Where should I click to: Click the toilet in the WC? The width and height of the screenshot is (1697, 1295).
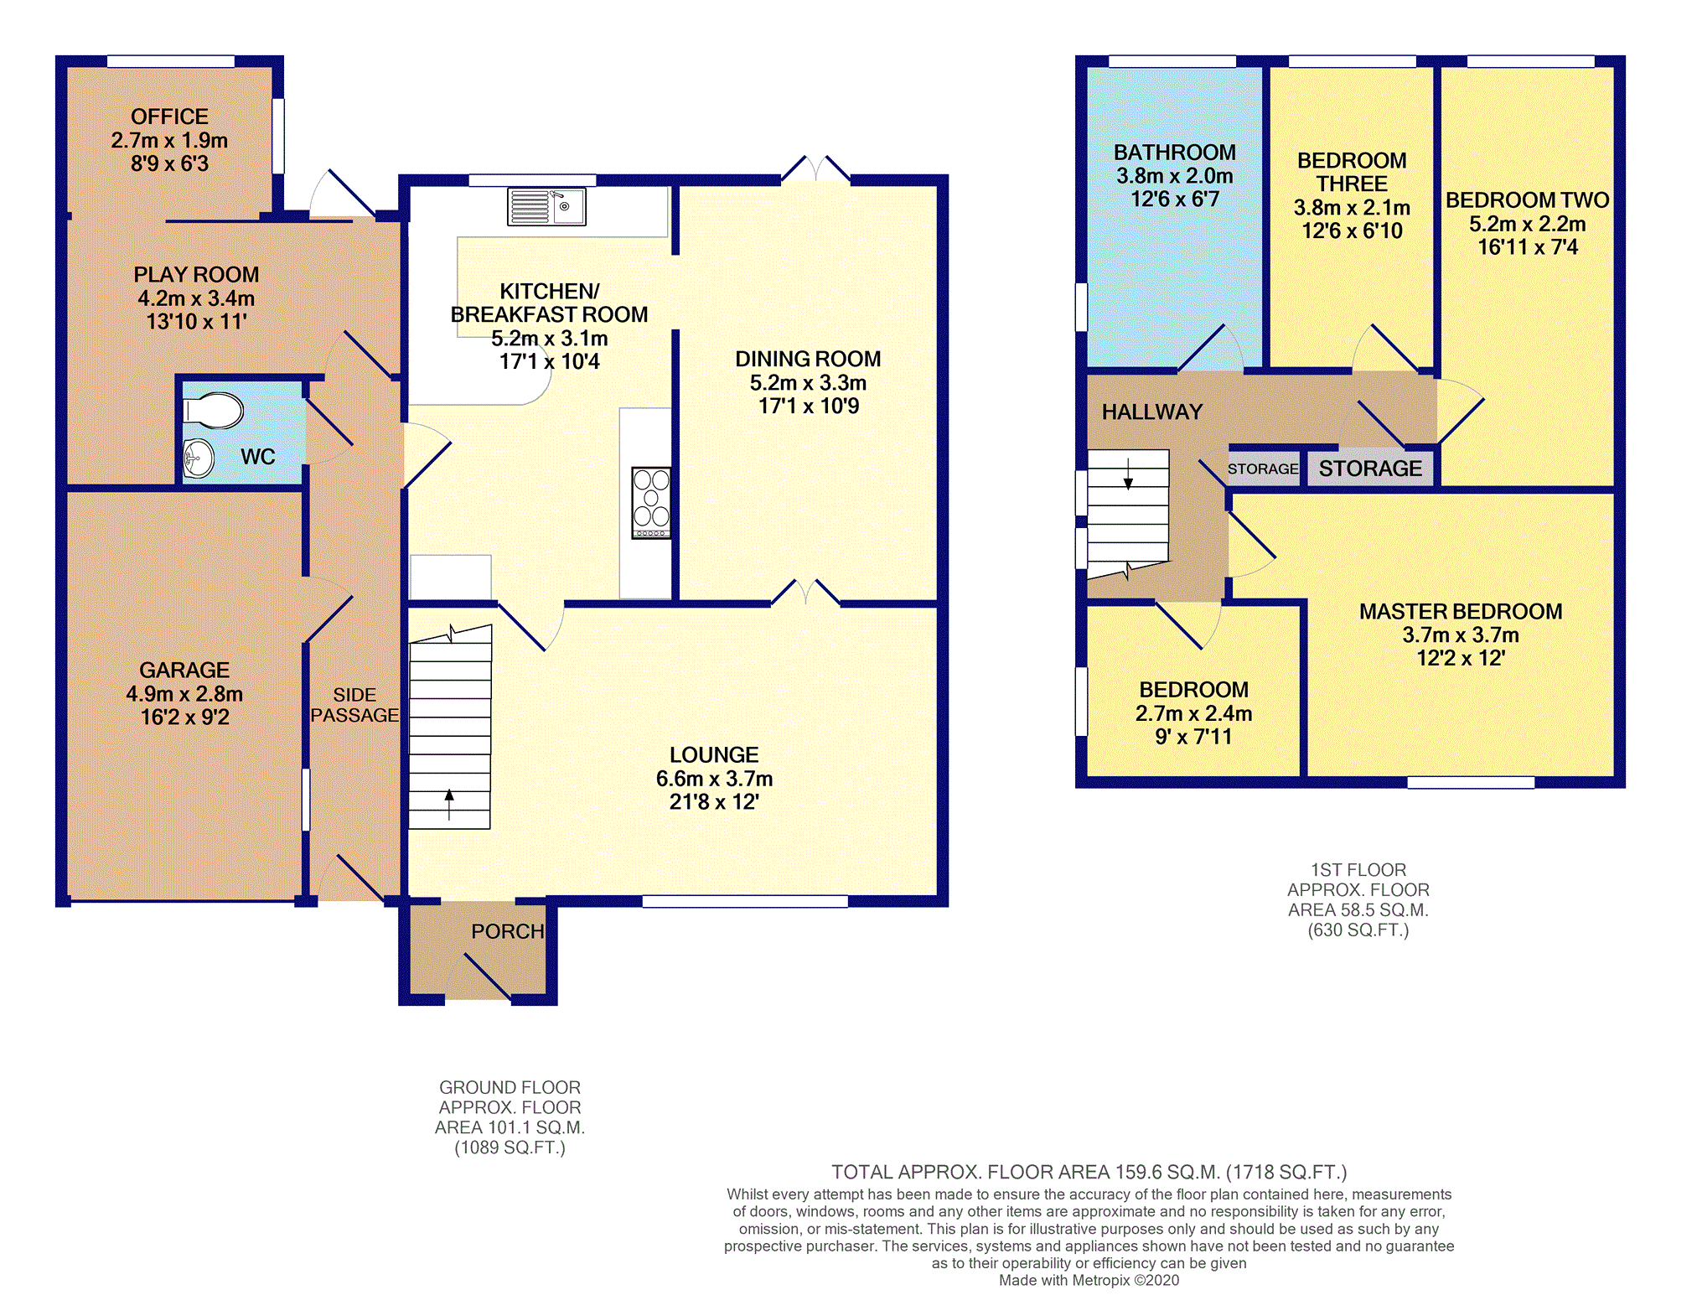click(x=214, y=411)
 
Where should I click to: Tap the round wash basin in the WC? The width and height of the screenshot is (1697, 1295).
click(x=199, y=458)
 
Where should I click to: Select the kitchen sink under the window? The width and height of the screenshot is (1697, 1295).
click(x=546, y=207)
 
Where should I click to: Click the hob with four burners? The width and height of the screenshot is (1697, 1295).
click(x=651, y=502)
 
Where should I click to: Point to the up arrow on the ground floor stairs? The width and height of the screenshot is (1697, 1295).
click(x=449, y=805)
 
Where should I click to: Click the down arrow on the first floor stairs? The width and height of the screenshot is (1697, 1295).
click(x=1128, y=474)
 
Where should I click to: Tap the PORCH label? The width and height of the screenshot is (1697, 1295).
click(x=508, y=931)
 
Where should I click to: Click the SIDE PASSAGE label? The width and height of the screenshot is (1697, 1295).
click(x=354, y=705)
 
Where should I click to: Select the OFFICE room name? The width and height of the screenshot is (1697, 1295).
click(x=169, y=117)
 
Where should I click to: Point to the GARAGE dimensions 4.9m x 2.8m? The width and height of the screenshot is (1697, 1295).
click(x=184, y=694)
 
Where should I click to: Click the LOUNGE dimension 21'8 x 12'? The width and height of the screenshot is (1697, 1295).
click(x=714, y=802)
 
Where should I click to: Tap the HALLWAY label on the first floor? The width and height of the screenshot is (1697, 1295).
click(x=1152, y=412)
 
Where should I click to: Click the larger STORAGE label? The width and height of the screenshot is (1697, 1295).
click(x=1370, y=469)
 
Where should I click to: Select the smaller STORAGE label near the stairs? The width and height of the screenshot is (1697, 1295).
click(x=1263, y=469)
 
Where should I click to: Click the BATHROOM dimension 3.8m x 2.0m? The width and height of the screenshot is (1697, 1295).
click(x=1174, y=176)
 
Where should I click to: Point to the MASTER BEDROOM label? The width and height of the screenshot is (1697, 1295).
click(x=1461, y=612)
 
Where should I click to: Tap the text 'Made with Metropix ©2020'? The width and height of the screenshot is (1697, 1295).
click(x=1089, y=1280)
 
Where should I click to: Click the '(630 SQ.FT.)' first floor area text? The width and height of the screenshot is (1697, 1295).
click(x=1358, y=930)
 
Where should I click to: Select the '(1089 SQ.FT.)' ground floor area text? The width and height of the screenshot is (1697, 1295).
click(x=510, y=1147)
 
